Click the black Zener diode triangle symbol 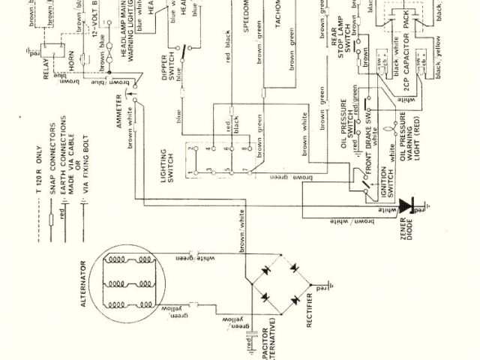408,203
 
